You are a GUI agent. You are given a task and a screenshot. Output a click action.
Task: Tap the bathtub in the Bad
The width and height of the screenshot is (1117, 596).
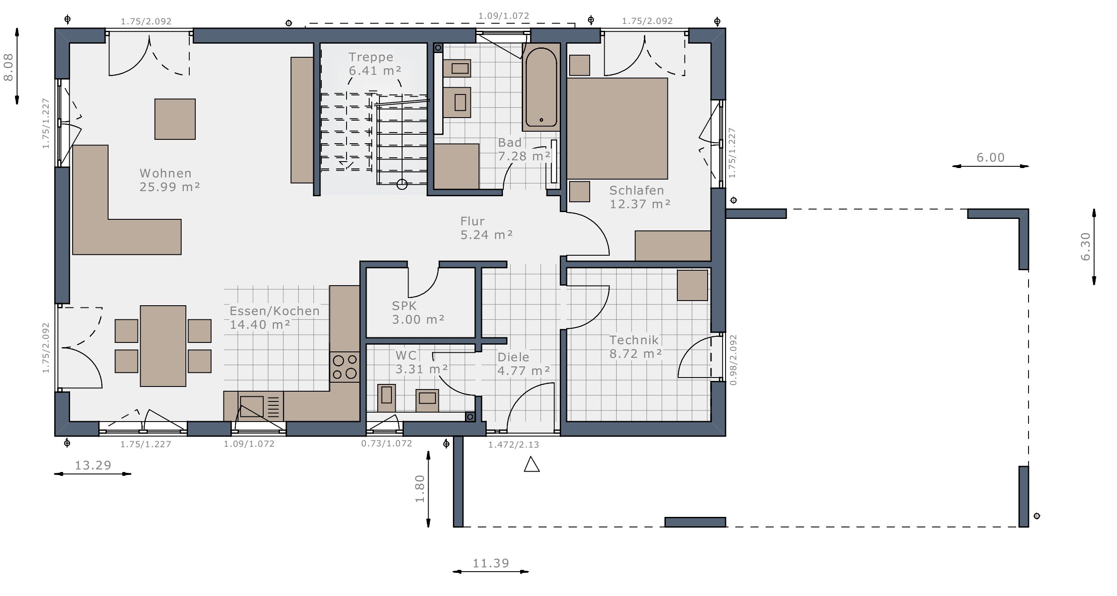click(541, 87)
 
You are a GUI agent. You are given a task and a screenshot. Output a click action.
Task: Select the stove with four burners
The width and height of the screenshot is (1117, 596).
click(345, 367)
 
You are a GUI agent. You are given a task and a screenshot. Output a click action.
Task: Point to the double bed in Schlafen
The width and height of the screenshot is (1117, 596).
click(617, 128)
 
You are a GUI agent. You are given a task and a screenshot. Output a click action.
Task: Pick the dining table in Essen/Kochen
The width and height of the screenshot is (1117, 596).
click(163, 346)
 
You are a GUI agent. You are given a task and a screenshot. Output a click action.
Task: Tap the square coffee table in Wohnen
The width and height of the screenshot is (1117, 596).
click(175, 119)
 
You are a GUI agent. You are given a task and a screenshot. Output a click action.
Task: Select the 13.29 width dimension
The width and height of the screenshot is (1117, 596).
click(93, 466)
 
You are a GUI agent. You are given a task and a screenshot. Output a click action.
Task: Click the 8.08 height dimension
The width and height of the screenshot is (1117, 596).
click(9, 67)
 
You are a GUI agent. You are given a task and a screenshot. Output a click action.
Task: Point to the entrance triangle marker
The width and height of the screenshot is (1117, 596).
click(532, 464)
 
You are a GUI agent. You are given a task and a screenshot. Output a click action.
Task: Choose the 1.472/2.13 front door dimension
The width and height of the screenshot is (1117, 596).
click(513, 445)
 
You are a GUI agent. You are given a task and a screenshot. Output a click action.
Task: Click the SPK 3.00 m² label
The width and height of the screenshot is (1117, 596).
click(418, 313)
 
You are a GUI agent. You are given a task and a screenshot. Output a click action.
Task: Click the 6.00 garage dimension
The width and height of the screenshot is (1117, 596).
click(991, 157)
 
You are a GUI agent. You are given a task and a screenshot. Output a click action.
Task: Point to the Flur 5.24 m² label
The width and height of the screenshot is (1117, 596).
click(487, 228)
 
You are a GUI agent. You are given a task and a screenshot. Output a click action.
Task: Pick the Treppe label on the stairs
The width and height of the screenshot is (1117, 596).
click(371, 57)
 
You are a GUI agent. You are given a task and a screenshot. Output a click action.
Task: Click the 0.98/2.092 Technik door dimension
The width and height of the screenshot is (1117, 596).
click(733, 360)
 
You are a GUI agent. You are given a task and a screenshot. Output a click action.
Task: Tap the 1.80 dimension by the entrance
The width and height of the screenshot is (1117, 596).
click(420, 488)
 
